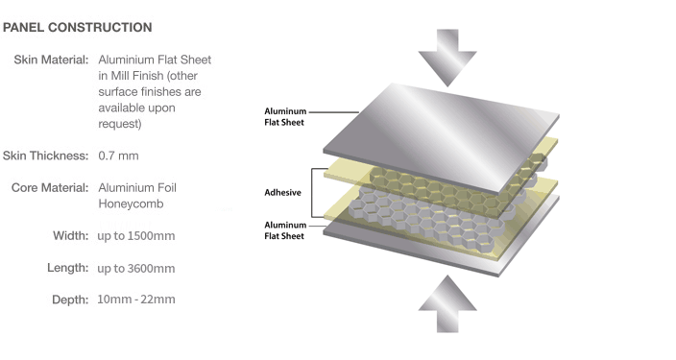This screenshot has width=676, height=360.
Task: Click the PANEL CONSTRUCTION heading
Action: (x=77, y=28)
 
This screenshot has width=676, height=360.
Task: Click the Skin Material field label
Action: (x=51, y=60)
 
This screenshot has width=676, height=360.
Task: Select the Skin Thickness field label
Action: (x=45, y=156)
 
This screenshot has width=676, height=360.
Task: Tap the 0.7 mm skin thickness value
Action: (x=118, y=156)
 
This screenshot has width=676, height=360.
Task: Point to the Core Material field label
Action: (x=50, y=187)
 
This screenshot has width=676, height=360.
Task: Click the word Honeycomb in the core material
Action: (x=131, y=204)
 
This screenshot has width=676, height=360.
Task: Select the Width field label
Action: (x=71, y=236)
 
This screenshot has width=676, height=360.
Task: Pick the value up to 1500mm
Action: (x=136, y=236)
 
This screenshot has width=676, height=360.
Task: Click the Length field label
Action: (x=67, y=268)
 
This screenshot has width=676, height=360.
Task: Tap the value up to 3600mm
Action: (x=136, y=268)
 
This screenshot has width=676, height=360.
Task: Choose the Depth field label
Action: (x=70, y=300)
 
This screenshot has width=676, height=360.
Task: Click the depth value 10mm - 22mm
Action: (x=136, y=300)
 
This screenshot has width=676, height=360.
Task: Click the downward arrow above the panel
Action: (x=447, y=58)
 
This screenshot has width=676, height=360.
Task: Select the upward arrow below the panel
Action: (x=447, y=304)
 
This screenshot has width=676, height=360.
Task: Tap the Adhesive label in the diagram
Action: (x=283, y=192)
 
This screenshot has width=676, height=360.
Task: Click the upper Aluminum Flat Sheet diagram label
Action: (x=285, y=117)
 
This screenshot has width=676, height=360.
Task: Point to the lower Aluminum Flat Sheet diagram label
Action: (x=285, y=230)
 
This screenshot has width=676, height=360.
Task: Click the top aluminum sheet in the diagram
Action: (x=442, y=138)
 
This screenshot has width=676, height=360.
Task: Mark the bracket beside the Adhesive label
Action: (x=312, y=193)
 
